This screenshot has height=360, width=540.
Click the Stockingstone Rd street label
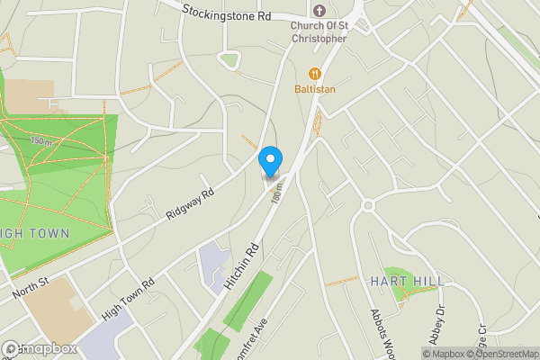coord(226,13)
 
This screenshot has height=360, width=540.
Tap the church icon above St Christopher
coord(319,11)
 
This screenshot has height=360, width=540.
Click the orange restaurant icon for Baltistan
coord(314,73)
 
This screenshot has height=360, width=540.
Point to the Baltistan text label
coord(314,89)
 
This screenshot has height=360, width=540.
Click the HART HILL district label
coord(407,282)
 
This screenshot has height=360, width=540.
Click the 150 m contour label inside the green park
coord(41,140)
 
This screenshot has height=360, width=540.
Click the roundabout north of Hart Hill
coord(367,205)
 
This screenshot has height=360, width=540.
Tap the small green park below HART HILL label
coord(398,278)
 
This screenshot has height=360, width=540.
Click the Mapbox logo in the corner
coord(38,348)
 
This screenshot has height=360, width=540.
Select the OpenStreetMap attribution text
coord(500,353)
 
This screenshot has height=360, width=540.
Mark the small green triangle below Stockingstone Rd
coord(229,61)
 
